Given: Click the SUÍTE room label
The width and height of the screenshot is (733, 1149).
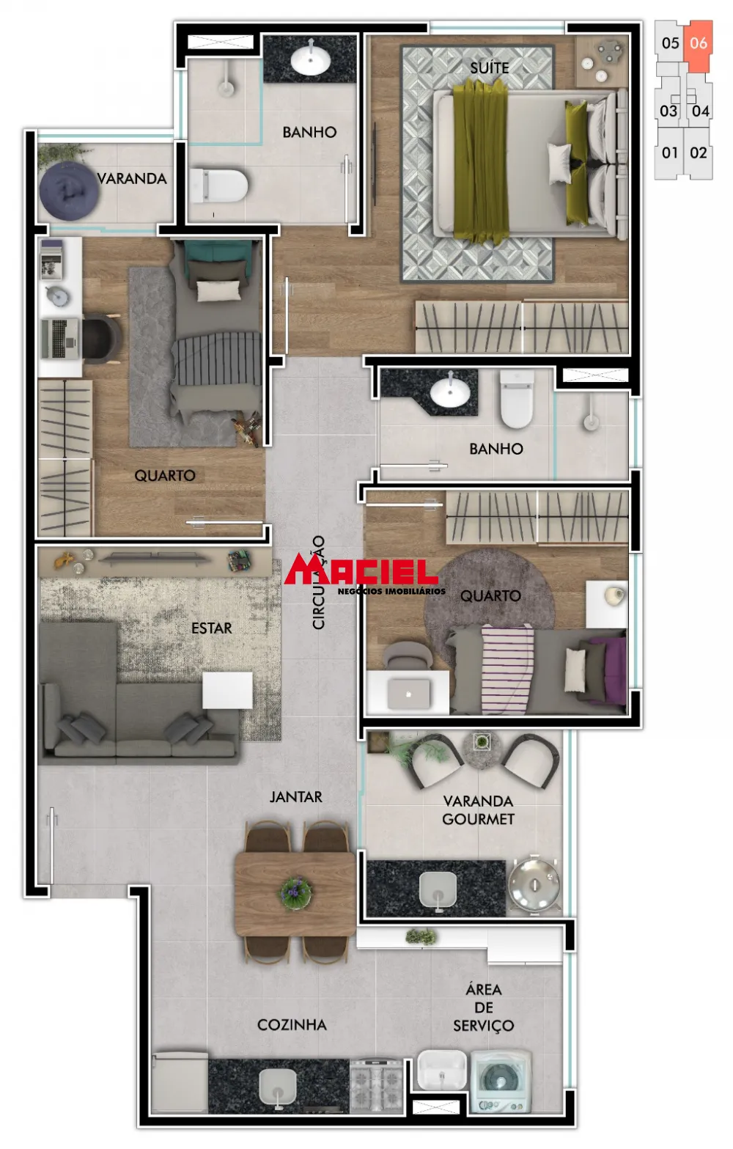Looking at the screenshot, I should pos(490,67).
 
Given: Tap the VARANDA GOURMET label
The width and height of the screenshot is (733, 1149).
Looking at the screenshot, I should pos(478,810).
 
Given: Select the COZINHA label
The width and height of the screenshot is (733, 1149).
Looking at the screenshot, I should pos(292,1024).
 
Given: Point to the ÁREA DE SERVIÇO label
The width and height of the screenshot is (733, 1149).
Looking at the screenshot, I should pos(483,1007).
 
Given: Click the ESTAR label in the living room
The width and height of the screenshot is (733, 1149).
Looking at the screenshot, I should pos(211,628).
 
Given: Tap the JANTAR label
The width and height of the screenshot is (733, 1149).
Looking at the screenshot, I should pos(295,796).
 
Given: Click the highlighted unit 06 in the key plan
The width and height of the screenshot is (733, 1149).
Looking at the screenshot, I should pos(699,44).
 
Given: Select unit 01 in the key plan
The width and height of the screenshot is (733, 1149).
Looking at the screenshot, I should pos(669,153).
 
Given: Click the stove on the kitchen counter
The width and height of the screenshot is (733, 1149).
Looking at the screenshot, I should pos(376,1083).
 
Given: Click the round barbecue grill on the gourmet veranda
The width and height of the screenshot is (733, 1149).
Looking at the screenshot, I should pos(534,883).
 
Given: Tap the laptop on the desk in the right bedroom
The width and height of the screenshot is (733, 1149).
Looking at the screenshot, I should pos(408,692).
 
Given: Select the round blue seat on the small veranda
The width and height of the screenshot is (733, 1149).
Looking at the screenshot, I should pos(69,190).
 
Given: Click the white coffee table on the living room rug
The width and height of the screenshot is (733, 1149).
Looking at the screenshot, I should pos(227,690).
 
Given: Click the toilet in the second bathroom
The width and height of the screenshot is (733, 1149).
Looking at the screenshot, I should pos(517,400).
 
